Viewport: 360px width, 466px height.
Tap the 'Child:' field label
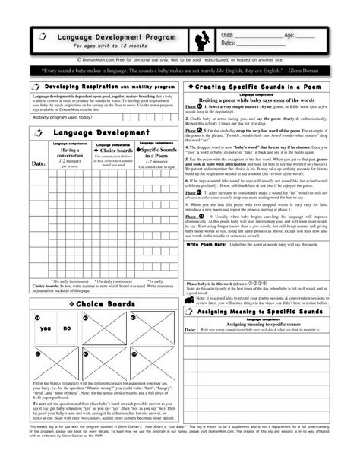pos(228,35)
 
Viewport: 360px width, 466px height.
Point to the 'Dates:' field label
pos(229,44)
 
